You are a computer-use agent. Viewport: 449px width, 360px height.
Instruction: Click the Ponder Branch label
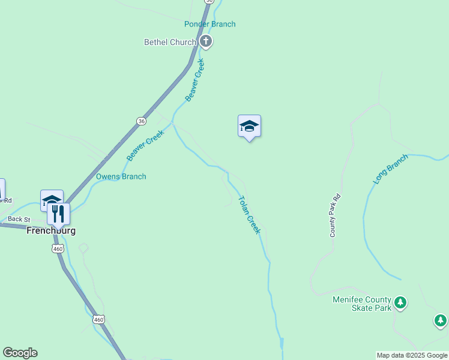[x=209, y=24]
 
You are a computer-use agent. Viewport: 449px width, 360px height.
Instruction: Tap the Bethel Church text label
[x=170, y=42]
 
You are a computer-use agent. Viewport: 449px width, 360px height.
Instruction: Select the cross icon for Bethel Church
[x=206, y=41]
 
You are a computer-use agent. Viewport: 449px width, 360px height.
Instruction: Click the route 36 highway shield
[x=140, y=121]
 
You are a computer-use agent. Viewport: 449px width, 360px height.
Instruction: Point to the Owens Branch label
[x=121, y=176]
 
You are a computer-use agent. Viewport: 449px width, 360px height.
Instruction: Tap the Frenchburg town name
[x=51, y=230]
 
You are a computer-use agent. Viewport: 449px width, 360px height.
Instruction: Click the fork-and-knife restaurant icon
[x=58, y=214]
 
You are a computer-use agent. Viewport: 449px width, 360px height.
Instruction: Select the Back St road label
[x=19, y=220]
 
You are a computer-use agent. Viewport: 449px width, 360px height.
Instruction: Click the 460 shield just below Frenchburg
[x=58, y=248]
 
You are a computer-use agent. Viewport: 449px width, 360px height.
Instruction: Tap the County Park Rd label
[x=335, y=215]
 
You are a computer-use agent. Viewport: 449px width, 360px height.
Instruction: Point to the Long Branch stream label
[x=391, y=170]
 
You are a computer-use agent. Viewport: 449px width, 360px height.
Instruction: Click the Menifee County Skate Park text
[x=362, y=304]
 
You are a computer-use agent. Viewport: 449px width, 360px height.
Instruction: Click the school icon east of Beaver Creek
[x=249, y=126]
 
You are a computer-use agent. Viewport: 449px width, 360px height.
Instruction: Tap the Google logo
[x=20, y=353]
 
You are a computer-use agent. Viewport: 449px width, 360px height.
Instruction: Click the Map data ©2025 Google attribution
[x=412, y=355]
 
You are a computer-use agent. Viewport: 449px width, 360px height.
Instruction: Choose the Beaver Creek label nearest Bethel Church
[x=195, y=80]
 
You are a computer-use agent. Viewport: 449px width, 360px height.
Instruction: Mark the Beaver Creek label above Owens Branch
[x=145, y=146]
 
